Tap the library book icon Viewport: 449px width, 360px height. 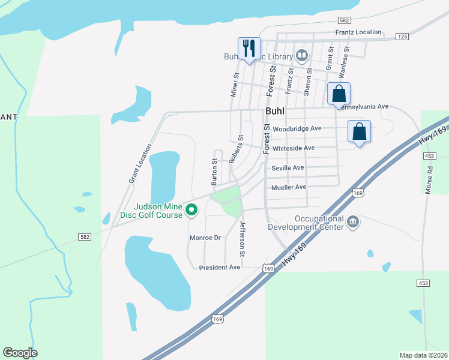pos(302,57)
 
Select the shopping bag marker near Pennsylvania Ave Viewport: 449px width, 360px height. pos(339,94)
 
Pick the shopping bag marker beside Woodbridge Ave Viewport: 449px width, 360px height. pos(359,131)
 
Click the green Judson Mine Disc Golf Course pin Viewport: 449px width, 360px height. pos(191,209)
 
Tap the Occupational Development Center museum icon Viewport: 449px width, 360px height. pos(353,223)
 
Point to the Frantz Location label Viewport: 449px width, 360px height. pos(358,32)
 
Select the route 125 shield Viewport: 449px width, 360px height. pos(402,37)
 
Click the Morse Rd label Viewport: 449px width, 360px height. pos(429,179)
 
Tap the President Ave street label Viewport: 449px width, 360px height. pos(220,267)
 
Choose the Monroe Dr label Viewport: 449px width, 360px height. pos(206,238)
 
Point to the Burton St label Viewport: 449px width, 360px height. pos(214,170)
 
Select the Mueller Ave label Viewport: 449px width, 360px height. pos(289,187)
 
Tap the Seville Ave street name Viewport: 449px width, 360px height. pos(288,168)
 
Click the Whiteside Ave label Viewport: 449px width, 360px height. pos(294,148)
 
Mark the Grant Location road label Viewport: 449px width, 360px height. pos(140,163)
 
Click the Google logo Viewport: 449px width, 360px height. pos(20,353)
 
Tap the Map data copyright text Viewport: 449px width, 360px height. pos(423,355)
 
